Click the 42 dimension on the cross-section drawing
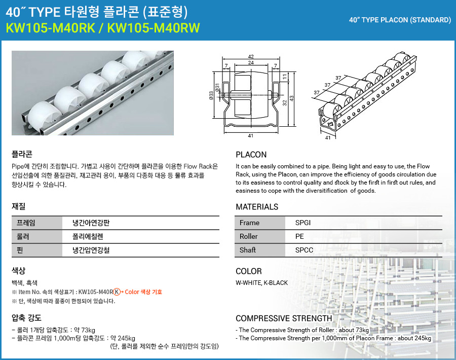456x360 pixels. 251,56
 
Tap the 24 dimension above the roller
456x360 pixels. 251,63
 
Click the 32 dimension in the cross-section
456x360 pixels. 285,103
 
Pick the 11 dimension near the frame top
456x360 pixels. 285,76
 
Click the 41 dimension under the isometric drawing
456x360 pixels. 327,137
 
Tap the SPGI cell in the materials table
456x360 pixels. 303,223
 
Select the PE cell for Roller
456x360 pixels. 299,236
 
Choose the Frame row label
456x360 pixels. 249,223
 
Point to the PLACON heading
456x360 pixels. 251,155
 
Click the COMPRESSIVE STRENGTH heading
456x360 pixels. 284,318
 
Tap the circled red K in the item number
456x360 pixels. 117,292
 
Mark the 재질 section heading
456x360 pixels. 18,206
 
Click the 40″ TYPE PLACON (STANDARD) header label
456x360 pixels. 400,20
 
